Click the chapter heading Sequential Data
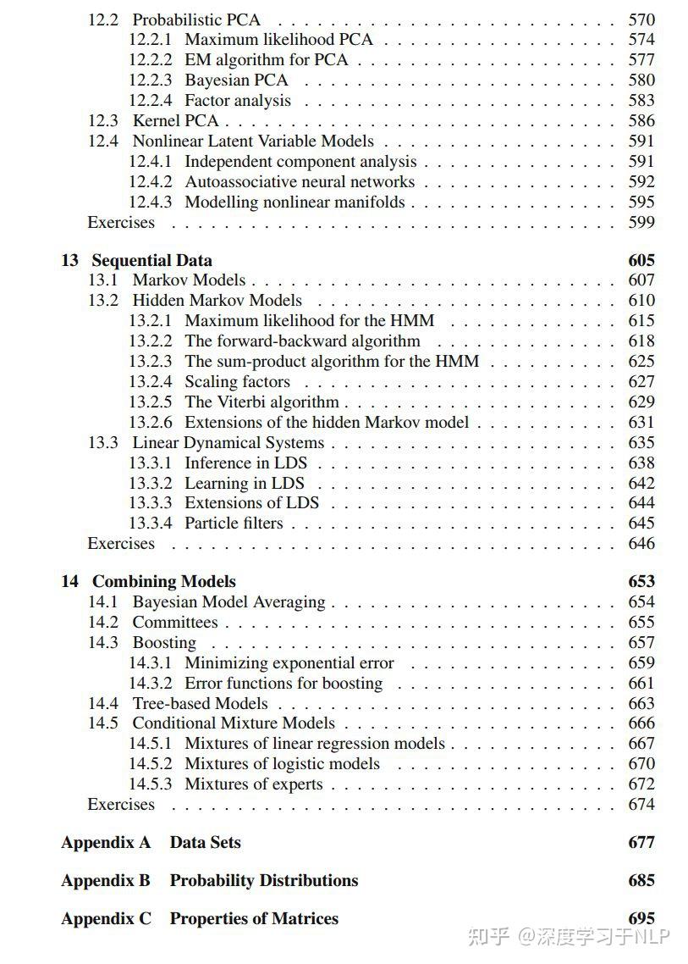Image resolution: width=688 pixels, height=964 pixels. point(151,260)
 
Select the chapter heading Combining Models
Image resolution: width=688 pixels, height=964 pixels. point(163,581)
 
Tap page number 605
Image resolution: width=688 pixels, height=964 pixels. point(641,260)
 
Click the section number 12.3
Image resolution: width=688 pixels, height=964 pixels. point(103,120)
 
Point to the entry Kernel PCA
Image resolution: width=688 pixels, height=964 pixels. point(175,120)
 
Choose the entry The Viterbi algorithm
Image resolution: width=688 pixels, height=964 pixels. point(261,402)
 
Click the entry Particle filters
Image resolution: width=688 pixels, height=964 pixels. point(234,523)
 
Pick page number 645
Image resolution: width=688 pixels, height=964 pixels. point(641,523)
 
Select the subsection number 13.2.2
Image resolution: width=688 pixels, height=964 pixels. point(150,341)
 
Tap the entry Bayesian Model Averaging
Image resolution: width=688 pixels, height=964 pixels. point(228,601)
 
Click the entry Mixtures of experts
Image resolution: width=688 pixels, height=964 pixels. point(253,784)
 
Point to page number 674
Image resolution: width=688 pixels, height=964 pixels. point(641,804)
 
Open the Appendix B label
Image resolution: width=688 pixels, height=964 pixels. point(106,880)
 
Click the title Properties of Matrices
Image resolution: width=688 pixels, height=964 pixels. point(254,918)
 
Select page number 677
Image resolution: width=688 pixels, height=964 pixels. point(641,842)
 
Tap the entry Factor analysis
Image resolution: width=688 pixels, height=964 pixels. point(237,100)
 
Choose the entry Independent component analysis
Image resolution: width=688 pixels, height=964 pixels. point(300,161)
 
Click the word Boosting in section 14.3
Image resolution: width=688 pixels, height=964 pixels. point(164,642)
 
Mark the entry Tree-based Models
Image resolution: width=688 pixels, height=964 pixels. point(200,703)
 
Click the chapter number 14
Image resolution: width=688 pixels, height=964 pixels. point(69,581)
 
